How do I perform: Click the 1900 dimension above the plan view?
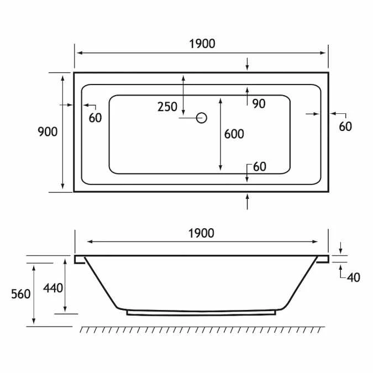click(201, 43)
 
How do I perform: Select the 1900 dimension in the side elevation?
click(201, 233)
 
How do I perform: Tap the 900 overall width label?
click(48, 132)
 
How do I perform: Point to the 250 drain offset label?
click(167, 107)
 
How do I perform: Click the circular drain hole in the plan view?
click(202, 117)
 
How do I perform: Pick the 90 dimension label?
click(259, 103)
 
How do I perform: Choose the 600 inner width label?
click(234, 134)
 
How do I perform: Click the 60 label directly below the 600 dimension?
click(259, 166)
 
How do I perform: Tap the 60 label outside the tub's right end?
click(345, 126)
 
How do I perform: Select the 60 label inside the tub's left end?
click(95, 117)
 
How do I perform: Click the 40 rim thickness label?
click(354, 277)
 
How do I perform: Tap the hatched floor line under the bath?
click(202, 329)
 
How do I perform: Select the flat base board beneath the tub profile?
click(201, 313)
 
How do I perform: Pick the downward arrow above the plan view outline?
click(247, 64)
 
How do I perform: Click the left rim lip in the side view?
click(79, 259)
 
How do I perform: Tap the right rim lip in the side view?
click(323, 259)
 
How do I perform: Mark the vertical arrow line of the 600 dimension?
click(220, 134)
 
